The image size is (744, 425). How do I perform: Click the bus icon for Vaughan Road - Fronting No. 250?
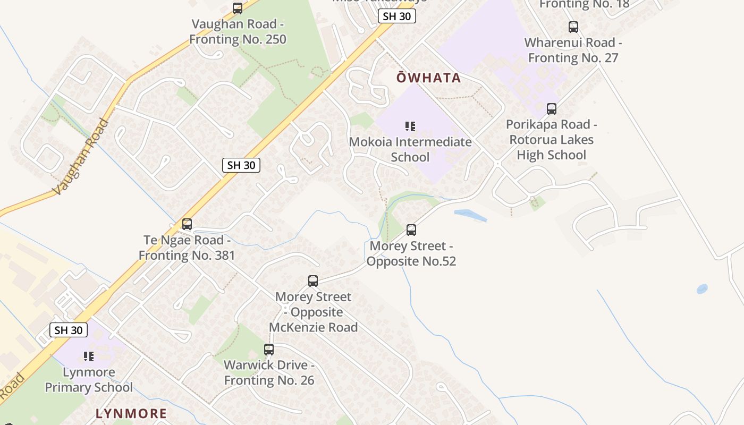[238, 8]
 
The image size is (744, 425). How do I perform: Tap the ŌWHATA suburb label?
[429, 78]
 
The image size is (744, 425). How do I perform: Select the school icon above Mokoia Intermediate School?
[410, 126]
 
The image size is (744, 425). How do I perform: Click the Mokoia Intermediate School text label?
[410, 149]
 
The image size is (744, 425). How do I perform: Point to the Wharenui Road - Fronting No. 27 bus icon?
[573, 27]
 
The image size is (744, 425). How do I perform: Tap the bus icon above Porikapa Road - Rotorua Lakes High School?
[552, 109]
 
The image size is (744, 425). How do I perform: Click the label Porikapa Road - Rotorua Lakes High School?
[552, 140]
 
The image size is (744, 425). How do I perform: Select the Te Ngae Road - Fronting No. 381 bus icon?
[187, 224]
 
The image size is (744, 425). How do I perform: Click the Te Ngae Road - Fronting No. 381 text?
[187, 248]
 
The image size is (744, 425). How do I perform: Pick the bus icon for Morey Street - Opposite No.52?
[411, 230]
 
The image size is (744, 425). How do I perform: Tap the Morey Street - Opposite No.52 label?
[411, 253]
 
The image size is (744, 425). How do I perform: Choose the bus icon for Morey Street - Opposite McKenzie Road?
[313, 281]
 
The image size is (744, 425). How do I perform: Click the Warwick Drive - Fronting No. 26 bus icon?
[269, 350]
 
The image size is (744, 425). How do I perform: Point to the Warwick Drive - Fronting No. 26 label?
[269, 372]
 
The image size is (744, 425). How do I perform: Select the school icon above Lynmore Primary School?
[89, 356]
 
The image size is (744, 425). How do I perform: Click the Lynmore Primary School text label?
[89, 379]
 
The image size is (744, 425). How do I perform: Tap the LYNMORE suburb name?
[131, 413]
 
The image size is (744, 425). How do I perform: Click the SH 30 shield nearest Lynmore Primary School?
[69, 330]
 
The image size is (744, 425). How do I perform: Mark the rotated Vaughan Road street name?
[81, 157]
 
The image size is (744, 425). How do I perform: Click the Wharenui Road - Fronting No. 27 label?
[573, 50]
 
